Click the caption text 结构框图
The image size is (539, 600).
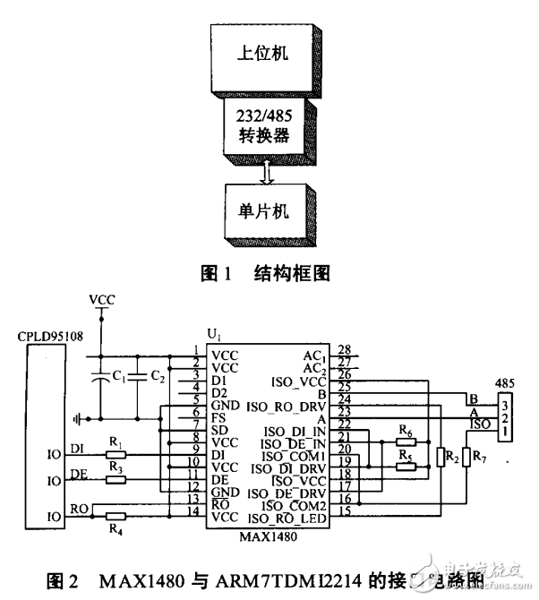(x=292, y=273)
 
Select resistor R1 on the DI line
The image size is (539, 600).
(x=114, y=454)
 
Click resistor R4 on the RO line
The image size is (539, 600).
(x=114, y=516)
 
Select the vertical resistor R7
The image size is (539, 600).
(x=466, y=456)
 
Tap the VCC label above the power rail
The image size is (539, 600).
(x=101, y=298)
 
